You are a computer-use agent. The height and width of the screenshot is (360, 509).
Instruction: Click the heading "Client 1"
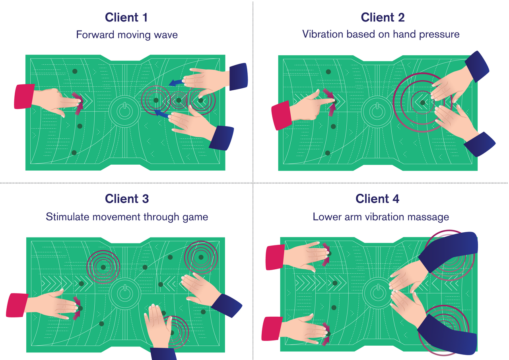tap(127, 18)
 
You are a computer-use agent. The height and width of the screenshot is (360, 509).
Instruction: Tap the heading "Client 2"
tap(383, 18)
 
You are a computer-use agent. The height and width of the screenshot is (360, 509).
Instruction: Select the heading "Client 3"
tap(127, 198)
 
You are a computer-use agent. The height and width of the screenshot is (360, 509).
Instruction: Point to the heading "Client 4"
tap(377, 198)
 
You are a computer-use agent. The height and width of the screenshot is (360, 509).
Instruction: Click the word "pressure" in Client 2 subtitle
tap(440, 34)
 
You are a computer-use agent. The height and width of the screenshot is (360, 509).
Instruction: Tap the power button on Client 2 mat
tap(376, 112)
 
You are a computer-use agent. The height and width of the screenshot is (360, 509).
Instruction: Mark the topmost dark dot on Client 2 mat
tap(328, 72)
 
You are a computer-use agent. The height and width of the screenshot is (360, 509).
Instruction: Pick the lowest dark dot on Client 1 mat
tap(74, 153)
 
